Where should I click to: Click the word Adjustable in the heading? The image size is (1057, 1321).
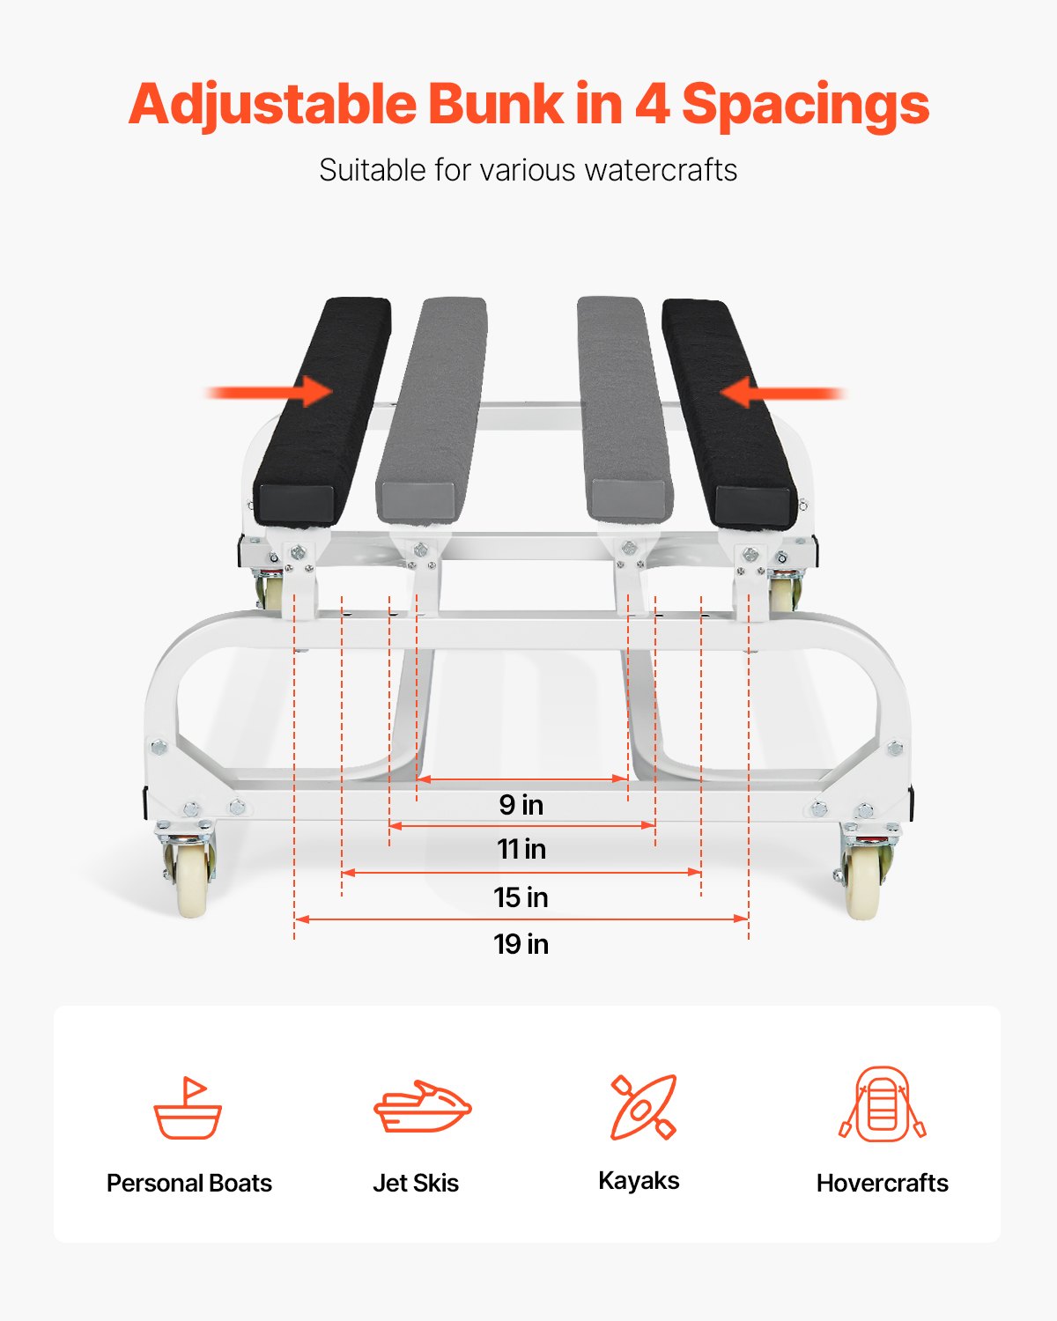272,106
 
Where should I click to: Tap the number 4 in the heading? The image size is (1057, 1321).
652,104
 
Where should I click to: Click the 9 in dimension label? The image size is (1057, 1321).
521,805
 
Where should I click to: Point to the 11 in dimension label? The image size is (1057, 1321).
521,849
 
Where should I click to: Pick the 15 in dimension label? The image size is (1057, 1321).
521,897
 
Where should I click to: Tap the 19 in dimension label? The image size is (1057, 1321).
521,944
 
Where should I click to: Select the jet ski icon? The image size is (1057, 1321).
423,1107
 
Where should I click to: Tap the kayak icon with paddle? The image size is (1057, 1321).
644,1107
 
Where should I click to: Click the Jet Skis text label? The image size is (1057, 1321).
416,1183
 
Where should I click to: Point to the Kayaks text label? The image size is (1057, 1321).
639,1181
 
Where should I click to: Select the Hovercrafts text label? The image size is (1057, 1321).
882,1183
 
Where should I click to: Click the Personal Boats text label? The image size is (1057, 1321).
189,1183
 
